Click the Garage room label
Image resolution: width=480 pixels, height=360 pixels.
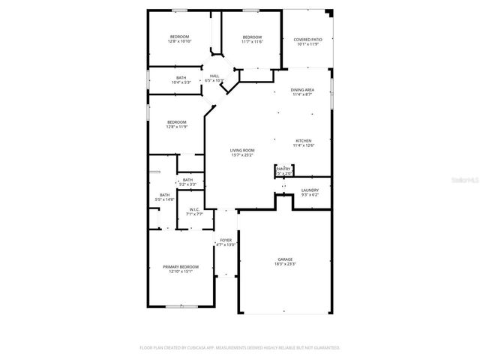pos(284,259)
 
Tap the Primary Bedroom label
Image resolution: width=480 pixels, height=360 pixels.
pos(181,267)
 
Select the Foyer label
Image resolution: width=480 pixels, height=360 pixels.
pos(226,240)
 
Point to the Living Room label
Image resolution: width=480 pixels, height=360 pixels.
pos(241,150)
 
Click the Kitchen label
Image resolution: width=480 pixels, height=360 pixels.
pos(303,141)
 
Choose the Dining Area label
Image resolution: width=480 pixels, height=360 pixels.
pos(303,90)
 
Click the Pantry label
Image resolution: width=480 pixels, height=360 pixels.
pos(283,169)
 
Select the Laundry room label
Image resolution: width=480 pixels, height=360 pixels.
pos(310,190)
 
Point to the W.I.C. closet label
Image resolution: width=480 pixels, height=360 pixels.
pos(193,209)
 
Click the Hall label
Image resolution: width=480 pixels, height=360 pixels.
pos(214,76)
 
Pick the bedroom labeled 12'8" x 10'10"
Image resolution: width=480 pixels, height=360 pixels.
pos(179,37)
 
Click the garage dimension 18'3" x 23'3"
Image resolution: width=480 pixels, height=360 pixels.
pos(284,264)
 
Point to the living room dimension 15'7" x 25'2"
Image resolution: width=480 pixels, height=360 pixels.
pos(241,155)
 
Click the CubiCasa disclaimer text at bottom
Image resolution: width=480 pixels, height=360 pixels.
pos(240,348)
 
